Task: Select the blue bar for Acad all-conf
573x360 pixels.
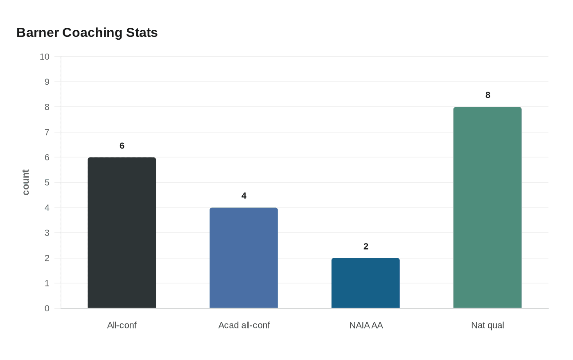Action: tap(244, 258)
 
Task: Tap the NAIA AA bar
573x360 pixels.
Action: tap(365, 283)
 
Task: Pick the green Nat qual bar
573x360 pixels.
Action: tap(487, 207)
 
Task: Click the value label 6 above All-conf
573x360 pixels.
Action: tap(122, 146)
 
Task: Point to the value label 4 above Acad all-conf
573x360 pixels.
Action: tap(244, 196)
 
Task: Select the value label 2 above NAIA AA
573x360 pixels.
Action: tap(366, 247)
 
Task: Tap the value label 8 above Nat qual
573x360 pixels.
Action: tap(488, 95)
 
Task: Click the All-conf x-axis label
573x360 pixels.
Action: tap(122, 325)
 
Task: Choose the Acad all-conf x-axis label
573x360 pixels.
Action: tap(244, 325)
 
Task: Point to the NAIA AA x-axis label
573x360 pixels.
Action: tap(366, 325)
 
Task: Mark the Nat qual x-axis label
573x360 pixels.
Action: tap(487, 325)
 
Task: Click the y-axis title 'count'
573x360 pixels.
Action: tap(26, 182)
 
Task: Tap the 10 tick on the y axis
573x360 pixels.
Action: tap(45, 57)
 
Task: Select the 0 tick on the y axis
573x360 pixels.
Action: tap(47, 308)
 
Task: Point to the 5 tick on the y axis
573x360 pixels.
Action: tap(47, 182)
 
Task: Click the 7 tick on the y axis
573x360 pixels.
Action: tap(47, 132)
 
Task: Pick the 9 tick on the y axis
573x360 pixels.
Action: tap(47, 82)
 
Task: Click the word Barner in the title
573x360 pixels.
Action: tap(38, 33)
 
